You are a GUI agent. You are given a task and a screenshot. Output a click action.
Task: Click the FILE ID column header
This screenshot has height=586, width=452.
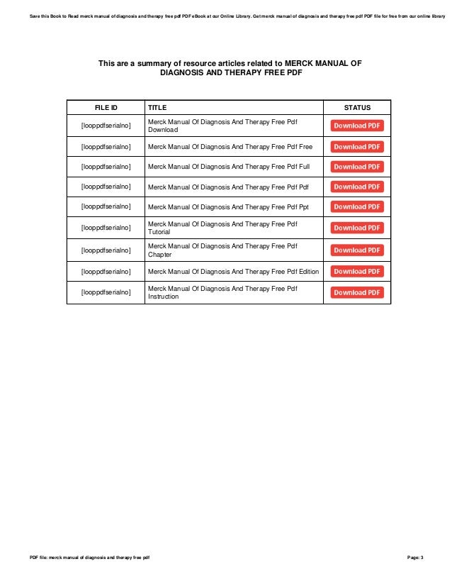tap(106, 107)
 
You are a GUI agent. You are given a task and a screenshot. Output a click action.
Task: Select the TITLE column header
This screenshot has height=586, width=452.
tap(157, 107)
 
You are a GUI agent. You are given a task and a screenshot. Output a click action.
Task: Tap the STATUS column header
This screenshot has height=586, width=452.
tap(357, 107)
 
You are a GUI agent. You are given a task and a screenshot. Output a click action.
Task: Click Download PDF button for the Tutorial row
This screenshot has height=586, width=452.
tap(357, 228)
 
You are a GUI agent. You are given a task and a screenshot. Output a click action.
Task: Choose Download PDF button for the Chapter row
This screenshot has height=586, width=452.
tap(357, 250)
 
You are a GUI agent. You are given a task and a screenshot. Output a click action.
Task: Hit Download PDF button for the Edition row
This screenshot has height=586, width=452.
tap(357, 271)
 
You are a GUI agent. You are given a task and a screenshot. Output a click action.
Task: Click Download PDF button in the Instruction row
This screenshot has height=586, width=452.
tap(357, 292)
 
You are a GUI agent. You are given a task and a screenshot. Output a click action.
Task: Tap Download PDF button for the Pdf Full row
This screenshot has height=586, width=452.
tap(357, 167)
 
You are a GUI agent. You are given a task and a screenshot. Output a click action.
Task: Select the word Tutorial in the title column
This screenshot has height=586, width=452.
tap(159, 232)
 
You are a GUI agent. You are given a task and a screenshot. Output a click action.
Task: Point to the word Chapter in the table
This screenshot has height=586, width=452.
tap(159, 254)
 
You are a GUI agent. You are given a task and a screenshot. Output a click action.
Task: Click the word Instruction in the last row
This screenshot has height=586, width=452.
tap(163, 297)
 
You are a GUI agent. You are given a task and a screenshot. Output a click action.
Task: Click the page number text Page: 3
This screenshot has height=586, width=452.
tap(415, 558)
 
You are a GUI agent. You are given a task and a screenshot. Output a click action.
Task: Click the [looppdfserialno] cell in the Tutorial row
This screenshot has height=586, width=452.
tap(106, 228)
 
